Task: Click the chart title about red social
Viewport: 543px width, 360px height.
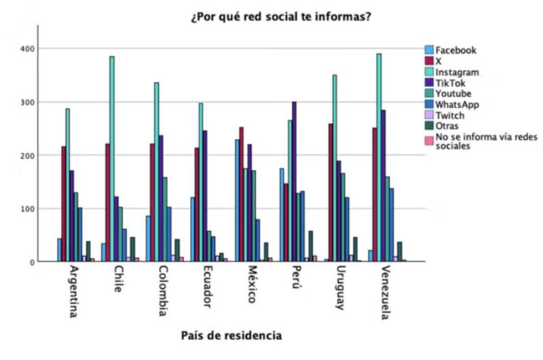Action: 280,16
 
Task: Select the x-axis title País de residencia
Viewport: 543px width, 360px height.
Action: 231,336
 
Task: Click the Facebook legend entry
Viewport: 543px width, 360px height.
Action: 455,50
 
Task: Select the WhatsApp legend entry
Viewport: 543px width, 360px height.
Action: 457,104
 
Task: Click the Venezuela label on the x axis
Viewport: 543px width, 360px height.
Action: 385,294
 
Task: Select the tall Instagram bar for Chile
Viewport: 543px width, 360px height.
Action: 112,159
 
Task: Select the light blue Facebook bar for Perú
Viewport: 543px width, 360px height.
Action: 282,215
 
